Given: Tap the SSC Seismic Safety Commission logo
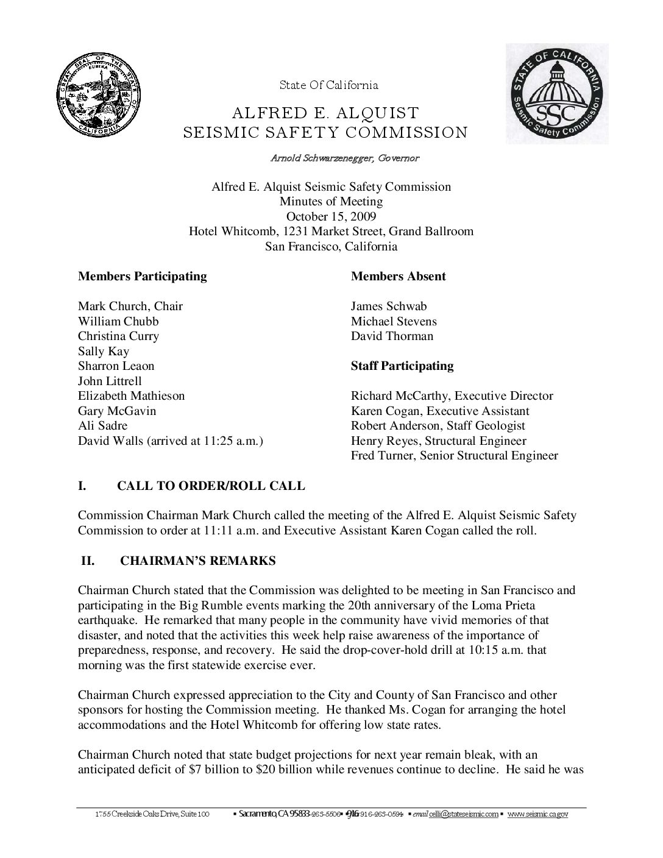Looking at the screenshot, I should coord(555,94).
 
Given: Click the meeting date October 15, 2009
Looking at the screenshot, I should coord(331,216).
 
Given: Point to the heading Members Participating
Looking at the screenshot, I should coord(142,276).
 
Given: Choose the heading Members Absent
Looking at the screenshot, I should coord(398,276).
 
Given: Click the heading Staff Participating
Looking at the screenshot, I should coord(402,366).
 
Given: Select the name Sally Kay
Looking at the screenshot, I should coord(103,352).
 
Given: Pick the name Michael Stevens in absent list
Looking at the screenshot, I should coord(394,321).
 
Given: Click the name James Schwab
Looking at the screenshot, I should coord(389,307).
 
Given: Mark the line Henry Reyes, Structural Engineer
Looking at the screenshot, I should coord(438,441).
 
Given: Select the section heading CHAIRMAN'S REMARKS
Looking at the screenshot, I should coord(197,561).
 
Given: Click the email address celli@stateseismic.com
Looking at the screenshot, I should coord(463,814).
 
